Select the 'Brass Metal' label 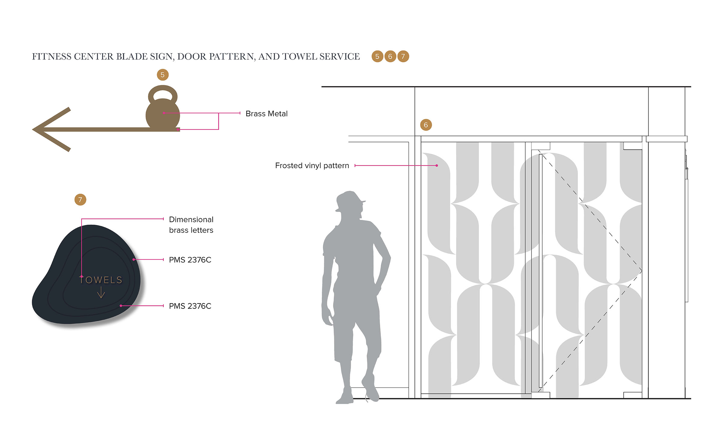[266, 114]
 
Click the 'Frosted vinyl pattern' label [312, 166]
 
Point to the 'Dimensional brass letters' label [191, 225]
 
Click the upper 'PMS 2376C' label [190, 260]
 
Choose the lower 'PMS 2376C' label [190, 306]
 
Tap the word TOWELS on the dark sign [101, 280]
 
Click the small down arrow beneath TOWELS [101, 293]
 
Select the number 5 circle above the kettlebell [163, 75]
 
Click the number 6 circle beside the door [426, 125]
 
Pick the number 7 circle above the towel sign [80, 200]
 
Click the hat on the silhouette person [349, 199]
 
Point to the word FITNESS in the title [52, 57]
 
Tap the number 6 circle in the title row [390, 57]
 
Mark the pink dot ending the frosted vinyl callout [437, 166]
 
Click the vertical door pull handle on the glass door [540, 271]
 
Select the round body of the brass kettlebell [163, 116]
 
